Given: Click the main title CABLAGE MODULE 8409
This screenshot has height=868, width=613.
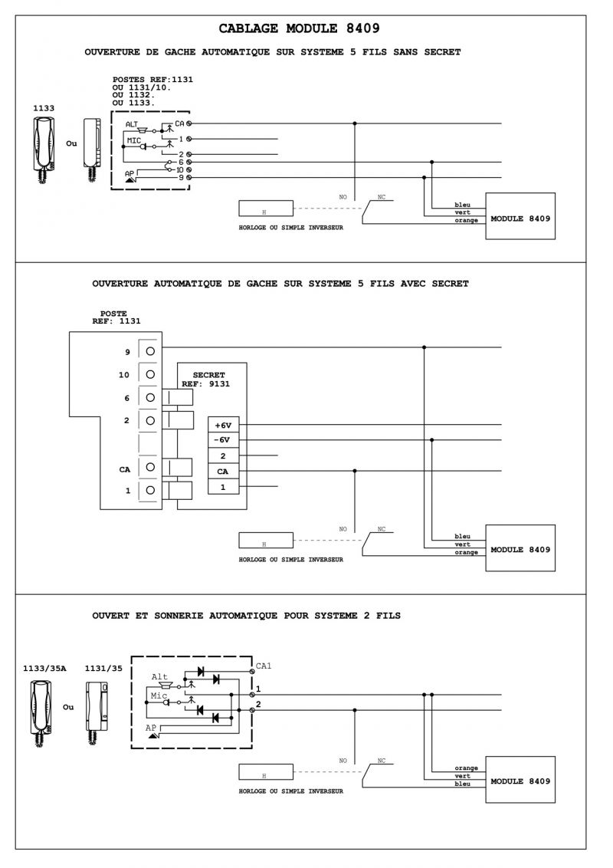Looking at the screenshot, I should [x=299, y=28].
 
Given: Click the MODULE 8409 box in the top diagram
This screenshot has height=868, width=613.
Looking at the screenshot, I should [x=520, y=219].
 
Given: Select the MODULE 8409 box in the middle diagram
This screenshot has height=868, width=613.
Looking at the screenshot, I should [x=520, y=549].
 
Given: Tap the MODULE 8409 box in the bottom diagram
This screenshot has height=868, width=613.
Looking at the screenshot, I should [x=520, y=781].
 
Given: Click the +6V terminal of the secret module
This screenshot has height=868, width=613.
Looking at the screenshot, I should [x=223, y=424].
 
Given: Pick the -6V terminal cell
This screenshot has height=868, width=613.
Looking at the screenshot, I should [x=223, y=439].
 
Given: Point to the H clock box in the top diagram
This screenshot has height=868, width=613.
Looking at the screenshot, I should [x=265, y=209].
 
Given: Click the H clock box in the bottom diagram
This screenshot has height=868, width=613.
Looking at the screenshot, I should [x=265, y=773].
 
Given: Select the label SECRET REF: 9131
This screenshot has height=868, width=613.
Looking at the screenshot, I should [x=207, y=380].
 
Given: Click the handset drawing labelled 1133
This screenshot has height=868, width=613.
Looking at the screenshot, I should [x=44, y=146].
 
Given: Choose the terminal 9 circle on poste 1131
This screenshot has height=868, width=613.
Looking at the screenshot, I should [x=150, y=351].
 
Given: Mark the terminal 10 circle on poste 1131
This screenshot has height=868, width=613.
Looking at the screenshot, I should [x=150, y=374].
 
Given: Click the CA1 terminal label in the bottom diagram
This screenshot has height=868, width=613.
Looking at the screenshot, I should [x=264, y=666].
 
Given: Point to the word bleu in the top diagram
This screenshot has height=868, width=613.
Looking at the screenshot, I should [x=462, y=205].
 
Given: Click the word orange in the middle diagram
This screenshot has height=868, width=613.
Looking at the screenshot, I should [x=466, y=552].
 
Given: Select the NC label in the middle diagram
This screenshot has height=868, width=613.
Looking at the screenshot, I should [x=382, y=529].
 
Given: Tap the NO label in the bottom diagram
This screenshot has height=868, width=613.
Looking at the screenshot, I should [x=343, y=761].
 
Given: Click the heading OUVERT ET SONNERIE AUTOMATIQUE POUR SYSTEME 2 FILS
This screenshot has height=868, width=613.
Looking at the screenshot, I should [x=246, y=616].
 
